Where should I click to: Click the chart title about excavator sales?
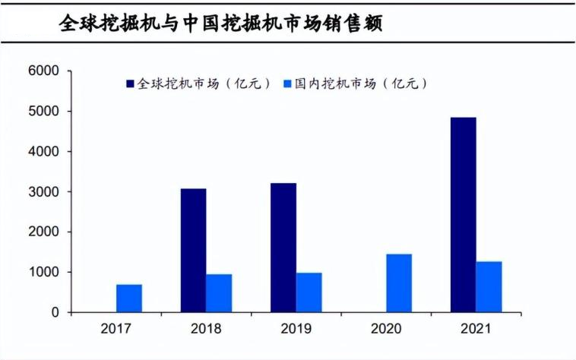[x=220, y=24]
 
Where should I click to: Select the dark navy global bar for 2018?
[x=193, y=251]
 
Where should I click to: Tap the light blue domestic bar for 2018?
[x=219, y=293]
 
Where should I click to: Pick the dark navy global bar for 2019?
[x=283, y=248]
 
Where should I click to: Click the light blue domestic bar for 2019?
[x=309, y=292]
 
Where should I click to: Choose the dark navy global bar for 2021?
[x=463, y=215]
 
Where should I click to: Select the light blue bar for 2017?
[x=129, y=298]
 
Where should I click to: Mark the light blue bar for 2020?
[x=399, y=283]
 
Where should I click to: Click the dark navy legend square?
[x=129, y=84]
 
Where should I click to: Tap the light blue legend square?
[x=286, y=84]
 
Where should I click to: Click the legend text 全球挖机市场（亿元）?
[x=204, y=84]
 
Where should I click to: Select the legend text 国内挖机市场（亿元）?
[x=361, y=84]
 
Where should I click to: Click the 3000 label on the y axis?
[x=44, y=192]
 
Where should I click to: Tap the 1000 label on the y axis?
[x=44, y=272]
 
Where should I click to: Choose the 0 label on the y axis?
[x=55, y=312]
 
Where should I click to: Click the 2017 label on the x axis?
[x=116, y=330]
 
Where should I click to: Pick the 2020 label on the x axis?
[x=385, y=330]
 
